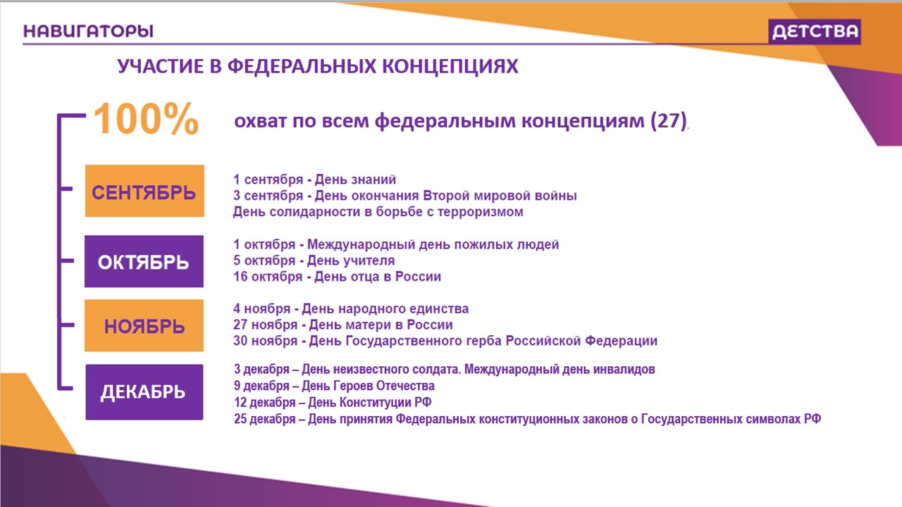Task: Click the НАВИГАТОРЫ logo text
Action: point(88,31)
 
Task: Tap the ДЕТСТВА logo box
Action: point(814,32)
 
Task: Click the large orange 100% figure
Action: point(146,119)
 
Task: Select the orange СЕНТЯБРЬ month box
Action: point(144,191)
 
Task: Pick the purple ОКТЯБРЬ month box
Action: point(144,261)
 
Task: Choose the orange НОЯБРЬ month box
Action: point(144,325)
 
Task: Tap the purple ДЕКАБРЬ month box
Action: point(144,392)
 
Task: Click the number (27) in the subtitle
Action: point(669,120)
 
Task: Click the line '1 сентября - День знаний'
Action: point(314,180)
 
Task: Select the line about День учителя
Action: point(314,261)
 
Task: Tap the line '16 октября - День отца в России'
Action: point(337,277)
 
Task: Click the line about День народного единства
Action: point(351,308)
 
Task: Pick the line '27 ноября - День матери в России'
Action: point(342,325)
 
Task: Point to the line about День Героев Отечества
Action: point(334,386)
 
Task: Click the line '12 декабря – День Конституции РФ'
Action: point(333,402)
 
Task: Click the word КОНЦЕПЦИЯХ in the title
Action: point(450,66)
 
